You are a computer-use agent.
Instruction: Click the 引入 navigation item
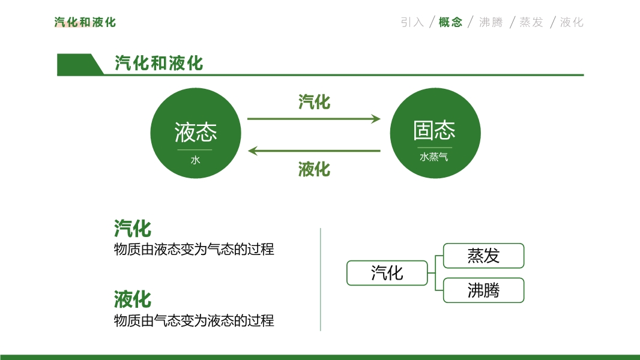click(x=412, y=22)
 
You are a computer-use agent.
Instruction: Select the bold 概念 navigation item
click(x=450, y=22)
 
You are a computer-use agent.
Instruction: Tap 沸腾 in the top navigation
click(x=491, y=22)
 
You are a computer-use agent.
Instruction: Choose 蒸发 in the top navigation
click(x=531, y=22)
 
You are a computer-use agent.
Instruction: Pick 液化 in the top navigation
click(x=572, y=22)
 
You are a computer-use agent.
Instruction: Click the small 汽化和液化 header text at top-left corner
click(x=85, y=22)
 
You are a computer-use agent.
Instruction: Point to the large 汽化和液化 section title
click(x=158, y=63)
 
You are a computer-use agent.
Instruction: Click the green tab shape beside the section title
click(x=78, y=64)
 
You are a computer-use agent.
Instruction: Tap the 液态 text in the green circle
click(x=195, y=132)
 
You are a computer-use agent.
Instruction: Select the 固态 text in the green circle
click(x=435, y=130)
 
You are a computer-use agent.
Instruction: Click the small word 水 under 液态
click(x=195, y=160)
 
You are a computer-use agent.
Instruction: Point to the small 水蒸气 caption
click(x=434, y=157)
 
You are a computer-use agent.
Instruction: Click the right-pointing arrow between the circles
click(x=314, y=119)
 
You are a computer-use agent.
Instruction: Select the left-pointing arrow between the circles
click(x=314, y=151)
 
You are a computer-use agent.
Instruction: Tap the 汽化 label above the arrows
click(x=314, y=102)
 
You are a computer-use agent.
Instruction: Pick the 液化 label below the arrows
click(x=314, y=169)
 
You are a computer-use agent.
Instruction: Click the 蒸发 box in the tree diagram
click(x=483, y=256)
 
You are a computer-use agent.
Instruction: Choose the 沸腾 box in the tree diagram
click(x=483, y=290)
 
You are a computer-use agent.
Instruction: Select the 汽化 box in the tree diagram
click(x=387, y=273)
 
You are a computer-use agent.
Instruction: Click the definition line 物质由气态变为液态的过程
click(x=194, y=321)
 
